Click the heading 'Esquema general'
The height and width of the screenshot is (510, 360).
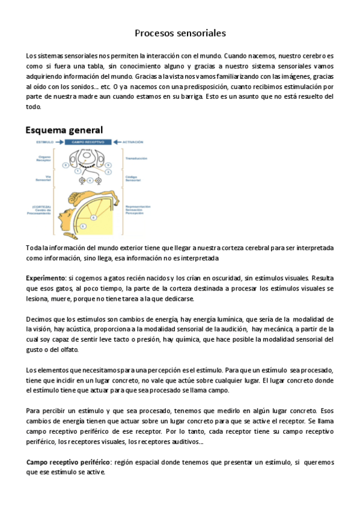pyautogui.click(x=64, y=130)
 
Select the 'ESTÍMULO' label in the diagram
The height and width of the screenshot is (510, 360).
pyautogui.click(x=46, y=142)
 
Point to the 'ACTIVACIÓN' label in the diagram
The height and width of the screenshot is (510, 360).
pyautogui.click(x=133, y=142)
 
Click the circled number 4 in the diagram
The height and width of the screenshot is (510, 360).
pyautogui.click(x=90, y=180)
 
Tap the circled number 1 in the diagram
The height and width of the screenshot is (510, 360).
pyautogui.click(x=78, y=171)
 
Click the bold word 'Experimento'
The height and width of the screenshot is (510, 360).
pyautogui.click(x=46, y=278)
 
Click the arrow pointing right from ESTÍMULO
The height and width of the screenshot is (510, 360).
pyautogui.click(x=60, y=142)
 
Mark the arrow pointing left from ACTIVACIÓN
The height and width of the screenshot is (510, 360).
pyautogui.click(x=117, y=142)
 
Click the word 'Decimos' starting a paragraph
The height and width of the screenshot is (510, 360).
pyautogui.click(x=39, y=318)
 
